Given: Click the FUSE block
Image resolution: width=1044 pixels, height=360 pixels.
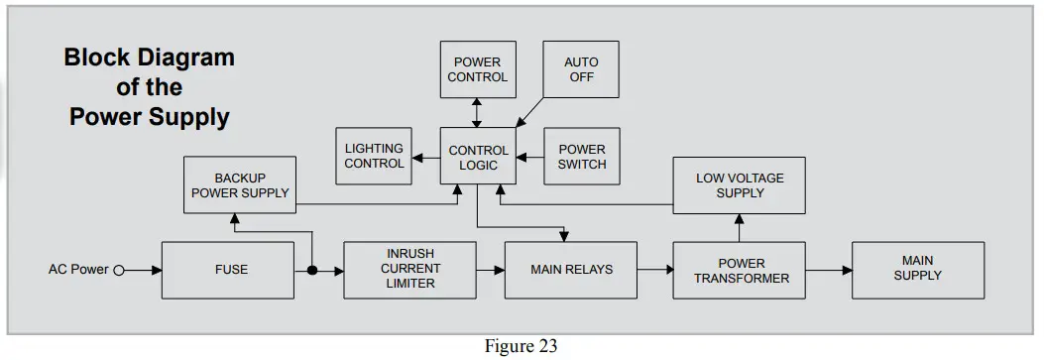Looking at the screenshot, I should click(x=231, y=270).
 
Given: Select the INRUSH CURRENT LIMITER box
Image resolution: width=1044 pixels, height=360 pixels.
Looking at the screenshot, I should click(x=409, y=270).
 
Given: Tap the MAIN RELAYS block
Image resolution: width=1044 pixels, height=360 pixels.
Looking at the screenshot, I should click(x=571, y=270).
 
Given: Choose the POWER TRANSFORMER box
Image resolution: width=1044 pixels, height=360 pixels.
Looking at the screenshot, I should click(x=741, y=271).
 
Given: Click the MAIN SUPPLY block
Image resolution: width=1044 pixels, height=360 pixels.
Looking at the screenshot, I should click(x=917, y=269).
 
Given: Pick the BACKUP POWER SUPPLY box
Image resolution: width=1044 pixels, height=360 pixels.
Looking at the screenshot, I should click(x=240, y=185).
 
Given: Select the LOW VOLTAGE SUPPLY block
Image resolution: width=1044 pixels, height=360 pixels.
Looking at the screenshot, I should click(x=740, y=185).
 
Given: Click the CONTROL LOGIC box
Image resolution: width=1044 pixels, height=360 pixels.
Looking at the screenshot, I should click(x=478, y=157).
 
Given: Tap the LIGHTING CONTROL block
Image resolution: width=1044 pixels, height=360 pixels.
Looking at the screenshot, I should click(x=374, y=157).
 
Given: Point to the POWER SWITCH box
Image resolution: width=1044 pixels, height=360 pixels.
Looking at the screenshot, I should click(x=581, y=157).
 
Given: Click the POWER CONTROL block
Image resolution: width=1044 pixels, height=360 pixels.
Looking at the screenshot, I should click(x=477, y=69).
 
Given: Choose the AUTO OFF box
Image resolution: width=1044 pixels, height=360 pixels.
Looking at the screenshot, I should click(x=581, y=69).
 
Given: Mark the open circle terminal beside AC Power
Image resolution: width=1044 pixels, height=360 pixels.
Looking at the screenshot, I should click(x=118, y=270).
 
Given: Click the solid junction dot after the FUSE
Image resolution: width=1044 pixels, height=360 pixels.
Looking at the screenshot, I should click(x=312, y=270).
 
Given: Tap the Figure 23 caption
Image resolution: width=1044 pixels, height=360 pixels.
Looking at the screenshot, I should click(x=521, y=346).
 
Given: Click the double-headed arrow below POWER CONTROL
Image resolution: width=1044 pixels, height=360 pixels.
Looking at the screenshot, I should click(x=477, y=113).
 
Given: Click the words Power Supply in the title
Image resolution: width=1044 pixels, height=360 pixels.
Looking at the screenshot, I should click(x=149, y=117).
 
